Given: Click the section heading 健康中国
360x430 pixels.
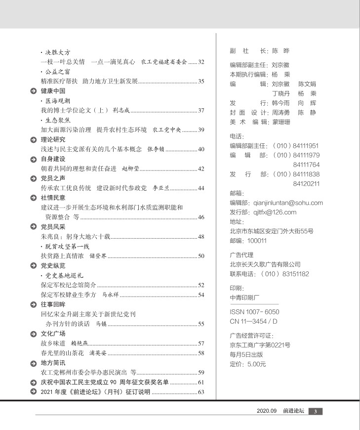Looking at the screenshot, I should (x=53, y=91).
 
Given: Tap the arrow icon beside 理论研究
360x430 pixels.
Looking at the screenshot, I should (x=33, y=139).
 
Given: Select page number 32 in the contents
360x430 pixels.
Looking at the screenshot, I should (x=201, y=62).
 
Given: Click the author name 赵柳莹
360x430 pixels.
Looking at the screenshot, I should (x=131, y=169).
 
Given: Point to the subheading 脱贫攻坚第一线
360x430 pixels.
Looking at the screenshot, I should (x=68, y=246).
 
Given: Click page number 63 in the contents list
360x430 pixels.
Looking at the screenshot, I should (x=201, y=392).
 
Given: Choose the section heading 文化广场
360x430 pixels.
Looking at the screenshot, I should (x=53, y=333).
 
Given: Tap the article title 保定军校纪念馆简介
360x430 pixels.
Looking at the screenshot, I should (x=69, y=285).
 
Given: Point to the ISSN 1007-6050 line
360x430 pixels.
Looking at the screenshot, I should (x=254, y=312).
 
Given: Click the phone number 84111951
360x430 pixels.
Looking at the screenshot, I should (x=306, y=146).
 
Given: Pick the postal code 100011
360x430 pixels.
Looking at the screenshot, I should (x=256, y=241).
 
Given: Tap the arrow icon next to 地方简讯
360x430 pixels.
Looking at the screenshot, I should (x=33, y=363).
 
